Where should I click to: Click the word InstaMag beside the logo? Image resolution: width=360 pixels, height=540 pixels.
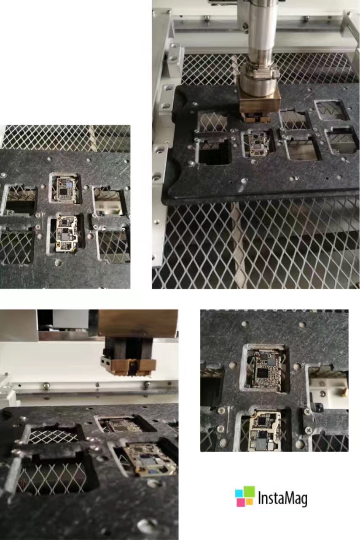pyautogui.click(x=283, y=499)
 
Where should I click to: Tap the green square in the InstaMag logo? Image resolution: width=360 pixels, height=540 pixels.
pyautogui.click(x=249, y=492)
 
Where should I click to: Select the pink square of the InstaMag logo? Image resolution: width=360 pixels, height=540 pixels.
pyautogui.click(x=241, y=502)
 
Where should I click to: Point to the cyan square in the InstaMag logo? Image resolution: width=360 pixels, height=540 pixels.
pyautogui.click(x=239, y=493)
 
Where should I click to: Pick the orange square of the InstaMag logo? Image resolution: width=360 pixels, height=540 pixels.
pyautogui.click(x=250, y=502)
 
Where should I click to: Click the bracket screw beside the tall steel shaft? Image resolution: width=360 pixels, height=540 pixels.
pyautogui.click(x=245, y=26)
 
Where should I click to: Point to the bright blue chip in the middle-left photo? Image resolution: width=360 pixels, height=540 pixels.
pyautogui.click(x=70, y=185)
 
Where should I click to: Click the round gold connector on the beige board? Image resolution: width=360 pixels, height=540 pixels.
pyautogui.click(x=59, y=246)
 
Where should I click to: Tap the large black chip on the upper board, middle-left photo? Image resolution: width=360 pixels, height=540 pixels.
pyautogui.click(x=63, y=192)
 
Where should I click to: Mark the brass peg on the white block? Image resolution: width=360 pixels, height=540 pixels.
pyautogui.click(x=344, y=393)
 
